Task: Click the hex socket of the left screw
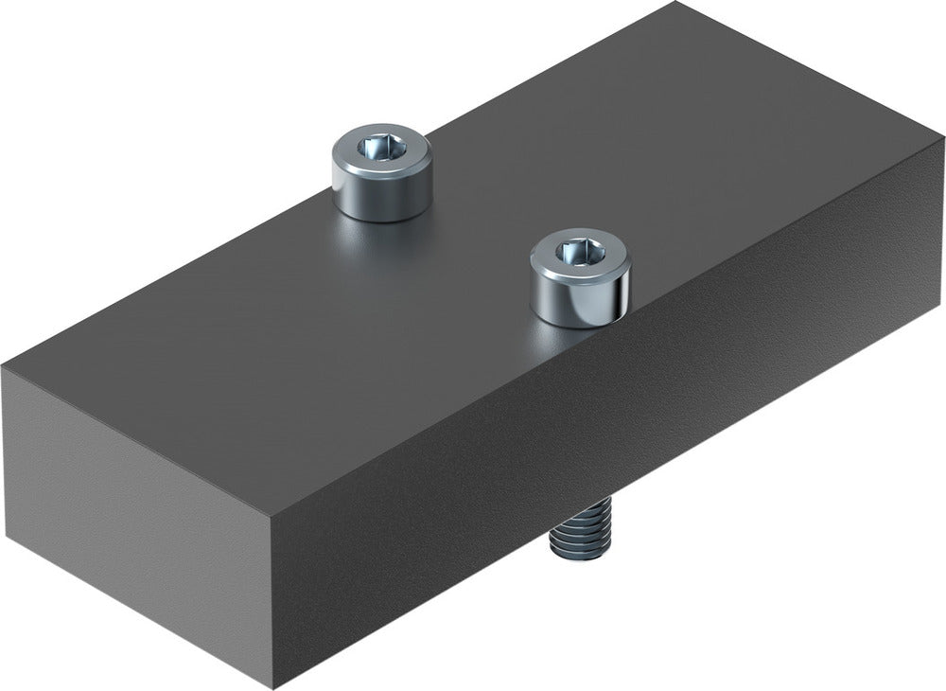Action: pos(381,148)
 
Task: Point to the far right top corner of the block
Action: pos(942,139)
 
